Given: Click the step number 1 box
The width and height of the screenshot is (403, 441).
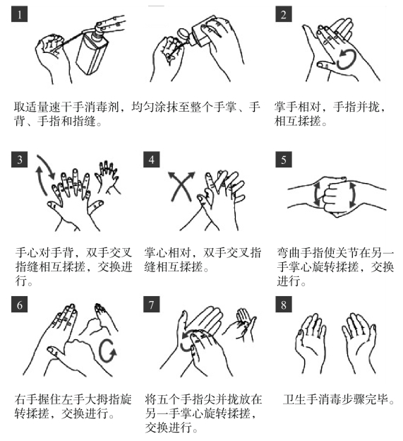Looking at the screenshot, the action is (x=19, y=14).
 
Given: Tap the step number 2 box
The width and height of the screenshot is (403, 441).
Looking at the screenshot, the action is (x=283, y=14).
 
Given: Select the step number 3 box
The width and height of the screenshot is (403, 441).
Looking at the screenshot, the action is (x=19, y=160).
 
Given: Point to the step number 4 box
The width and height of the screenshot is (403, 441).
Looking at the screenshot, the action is (x=151, y=160).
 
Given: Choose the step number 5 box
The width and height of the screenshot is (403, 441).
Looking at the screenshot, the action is (x=283, y=160).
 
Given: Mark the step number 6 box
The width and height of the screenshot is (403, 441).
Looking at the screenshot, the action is (x=19, y=305).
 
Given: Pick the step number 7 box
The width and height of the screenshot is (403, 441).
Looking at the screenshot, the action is (x=151, y=305).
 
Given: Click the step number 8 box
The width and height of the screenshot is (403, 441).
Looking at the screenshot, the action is (x=283, y=305).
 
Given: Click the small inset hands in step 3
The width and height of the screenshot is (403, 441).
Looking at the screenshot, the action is (x=107, y=177).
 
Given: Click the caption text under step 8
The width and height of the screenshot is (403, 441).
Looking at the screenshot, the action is (x=339, y=399).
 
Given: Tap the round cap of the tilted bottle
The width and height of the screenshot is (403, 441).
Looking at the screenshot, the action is (x=184, y=34).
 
